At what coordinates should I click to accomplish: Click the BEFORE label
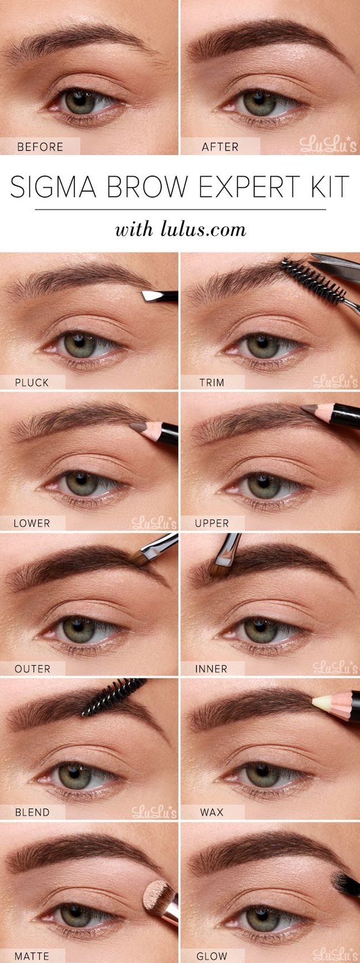40,147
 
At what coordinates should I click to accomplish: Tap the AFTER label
220,147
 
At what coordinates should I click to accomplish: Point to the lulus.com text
202,230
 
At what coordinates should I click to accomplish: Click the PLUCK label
32,382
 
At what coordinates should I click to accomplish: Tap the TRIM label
211,382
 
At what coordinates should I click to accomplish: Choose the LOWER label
32,524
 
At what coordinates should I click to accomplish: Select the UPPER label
212,524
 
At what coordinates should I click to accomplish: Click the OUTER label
32,669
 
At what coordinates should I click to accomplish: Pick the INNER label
211,669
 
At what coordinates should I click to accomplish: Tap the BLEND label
32,813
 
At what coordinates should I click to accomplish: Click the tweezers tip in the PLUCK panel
149,296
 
